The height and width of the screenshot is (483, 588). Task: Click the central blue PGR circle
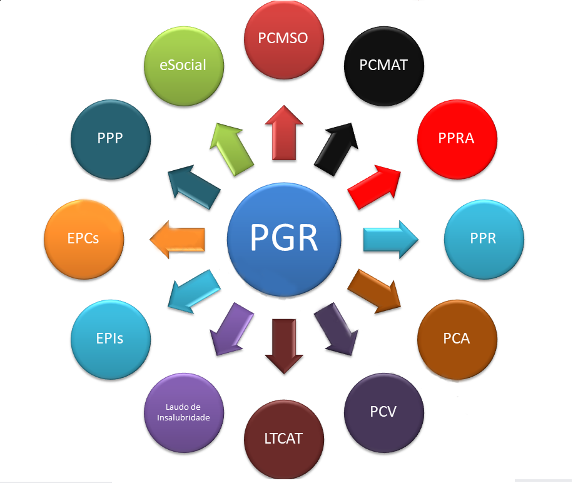tap(285, 238)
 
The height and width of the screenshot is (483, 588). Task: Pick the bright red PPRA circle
tap(457, 139)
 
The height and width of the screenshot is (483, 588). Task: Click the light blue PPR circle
tap(484, 239)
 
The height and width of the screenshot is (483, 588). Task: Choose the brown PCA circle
tap(457, 339)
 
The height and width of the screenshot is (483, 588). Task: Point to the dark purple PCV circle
tap(384, 412)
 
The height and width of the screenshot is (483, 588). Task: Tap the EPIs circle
tap(111, 339)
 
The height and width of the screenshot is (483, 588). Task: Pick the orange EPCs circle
tap(84, 239)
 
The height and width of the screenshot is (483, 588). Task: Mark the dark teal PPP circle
tap(111, 139)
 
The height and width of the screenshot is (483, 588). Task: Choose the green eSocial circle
tap(183, 66)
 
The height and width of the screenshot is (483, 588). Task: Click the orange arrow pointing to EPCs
tap(178, 238)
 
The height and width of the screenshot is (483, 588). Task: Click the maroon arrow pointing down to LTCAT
tap(283, 345)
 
